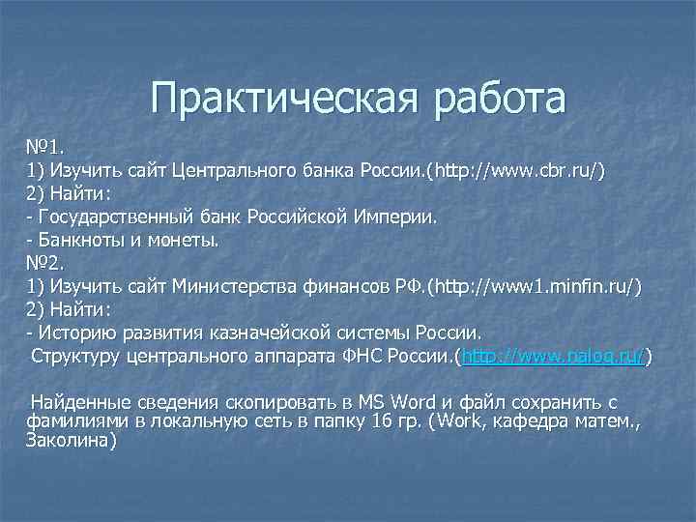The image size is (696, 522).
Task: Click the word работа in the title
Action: coord(500,100)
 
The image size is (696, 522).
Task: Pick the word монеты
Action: coord(185,240)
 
